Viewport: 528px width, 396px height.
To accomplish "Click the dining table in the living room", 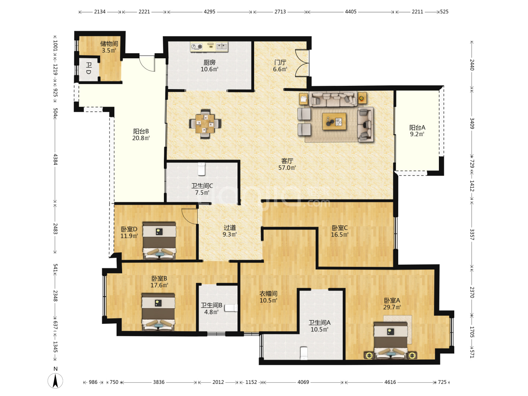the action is click(x=205, y=124).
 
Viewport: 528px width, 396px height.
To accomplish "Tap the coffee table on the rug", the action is click(x=334, y=121).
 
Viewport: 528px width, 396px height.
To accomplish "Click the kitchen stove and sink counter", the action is click(x=209, y=47).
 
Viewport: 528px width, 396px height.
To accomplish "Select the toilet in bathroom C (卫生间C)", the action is click(x=201, y=169).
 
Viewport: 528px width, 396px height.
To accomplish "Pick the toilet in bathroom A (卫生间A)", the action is click(x=304, y=353).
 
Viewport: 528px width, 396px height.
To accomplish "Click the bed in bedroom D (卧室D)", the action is click(x=159, y=241).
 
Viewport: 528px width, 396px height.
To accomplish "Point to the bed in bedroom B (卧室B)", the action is click(x=158, y=312).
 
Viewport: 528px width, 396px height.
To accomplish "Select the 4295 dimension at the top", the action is click(x=209, y=11).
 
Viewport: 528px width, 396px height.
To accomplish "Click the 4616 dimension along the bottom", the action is click(x=390, y=382).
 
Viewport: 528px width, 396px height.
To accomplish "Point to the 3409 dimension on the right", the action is click(x=472, y=123).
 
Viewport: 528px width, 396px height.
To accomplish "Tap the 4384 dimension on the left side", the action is click(x=55, y=159).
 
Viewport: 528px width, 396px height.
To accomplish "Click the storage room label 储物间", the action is click(x=109, y=44).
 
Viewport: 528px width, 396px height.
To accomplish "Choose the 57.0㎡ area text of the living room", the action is click(x=287, y=168).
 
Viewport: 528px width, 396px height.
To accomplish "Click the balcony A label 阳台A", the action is click(x=417, y=128).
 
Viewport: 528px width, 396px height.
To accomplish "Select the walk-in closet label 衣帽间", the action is click(x=268, y=294).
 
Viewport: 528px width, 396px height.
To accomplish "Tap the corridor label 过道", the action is click(x=230, y=227).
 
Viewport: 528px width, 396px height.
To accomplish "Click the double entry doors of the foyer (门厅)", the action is click(x=302, y=63).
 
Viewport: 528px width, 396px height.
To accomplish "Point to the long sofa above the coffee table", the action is click(x=333, y=99).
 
